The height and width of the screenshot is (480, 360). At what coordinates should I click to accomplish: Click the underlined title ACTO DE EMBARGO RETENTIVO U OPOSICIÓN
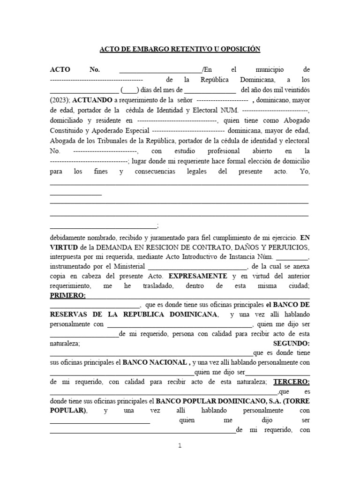click(x=180, y=49)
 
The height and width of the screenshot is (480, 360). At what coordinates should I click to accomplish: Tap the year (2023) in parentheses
click(x=59, y=100)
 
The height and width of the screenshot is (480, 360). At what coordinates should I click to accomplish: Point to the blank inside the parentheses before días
click(x=129, y=90)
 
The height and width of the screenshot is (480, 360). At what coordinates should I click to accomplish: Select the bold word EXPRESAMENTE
click(x=197, y=277)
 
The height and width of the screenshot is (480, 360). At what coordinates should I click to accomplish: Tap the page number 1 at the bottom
click(x=180, y=446)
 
